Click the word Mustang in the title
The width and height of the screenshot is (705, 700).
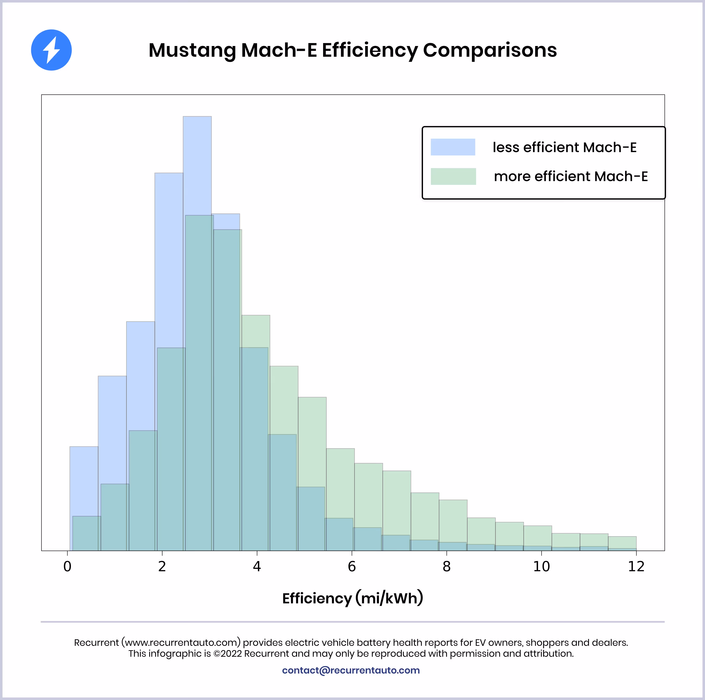(x=193, y=50)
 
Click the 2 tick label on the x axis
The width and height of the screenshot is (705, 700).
(x=162, y=567)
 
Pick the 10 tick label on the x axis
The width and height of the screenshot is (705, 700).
(x=541, y=567)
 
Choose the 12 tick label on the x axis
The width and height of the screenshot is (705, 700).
(x=636, y=567)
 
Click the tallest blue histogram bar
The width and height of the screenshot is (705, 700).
(x=197, y=164)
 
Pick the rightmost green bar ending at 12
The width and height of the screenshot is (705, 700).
(x=622, y=542)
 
